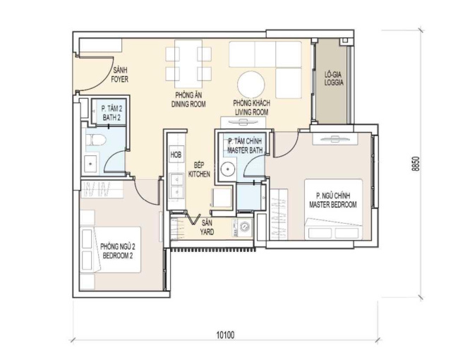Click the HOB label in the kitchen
[176, 155]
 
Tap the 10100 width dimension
[225, 335]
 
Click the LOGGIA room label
[334, 83]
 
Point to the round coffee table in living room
[251, 84]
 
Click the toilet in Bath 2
[95, 140]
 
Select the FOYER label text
[120, 79]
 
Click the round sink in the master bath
[228, 169]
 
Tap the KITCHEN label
[199, 174]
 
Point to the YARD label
[207, 232]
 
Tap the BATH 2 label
[111, 118]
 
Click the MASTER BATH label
[245, 150]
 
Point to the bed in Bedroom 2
[110, 250]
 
